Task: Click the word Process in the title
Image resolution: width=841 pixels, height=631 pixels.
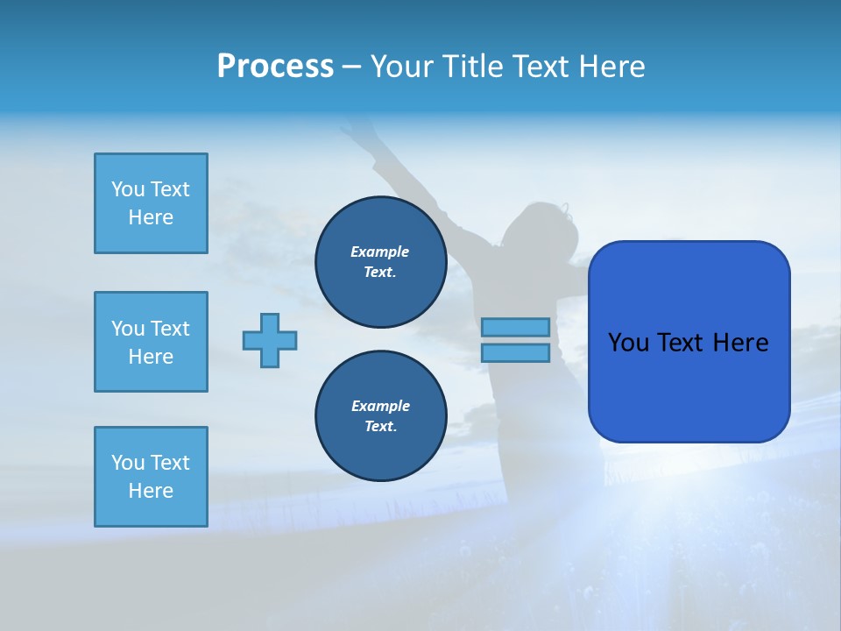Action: [x=275, y=67]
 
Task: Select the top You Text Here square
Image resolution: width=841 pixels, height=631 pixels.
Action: [x=151, y=203]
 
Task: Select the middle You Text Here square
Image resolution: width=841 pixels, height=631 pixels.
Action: [x=151, y=342]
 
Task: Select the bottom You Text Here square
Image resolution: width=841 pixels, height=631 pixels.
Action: [x=151, y=477]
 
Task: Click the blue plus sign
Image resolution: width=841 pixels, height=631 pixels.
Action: [x=270, y=340]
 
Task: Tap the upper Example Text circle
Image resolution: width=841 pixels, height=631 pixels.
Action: [x=380, y=262]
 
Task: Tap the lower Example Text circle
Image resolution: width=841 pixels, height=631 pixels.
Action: [x=380, y=416]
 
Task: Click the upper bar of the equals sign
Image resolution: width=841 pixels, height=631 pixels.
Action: [x=515, y=327]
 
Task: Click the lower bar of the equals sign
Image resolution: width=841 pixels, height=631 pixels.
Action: [x=515, y=353]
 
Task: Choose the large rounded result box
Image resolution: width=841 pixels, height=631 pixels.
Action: [x=689, y=342]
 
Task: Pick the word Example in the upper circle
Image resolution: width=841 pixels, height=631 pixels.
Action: [x=380, y=252]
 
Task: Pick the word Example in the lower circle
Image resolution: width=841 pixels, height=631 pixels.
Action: [x=380, y=406]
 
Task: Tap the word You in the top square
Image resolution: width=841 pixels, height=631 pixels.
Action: [x=128, y=189]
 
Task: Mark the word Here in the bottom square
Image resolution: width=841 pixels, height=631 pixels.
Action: [x=151, y=491]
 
